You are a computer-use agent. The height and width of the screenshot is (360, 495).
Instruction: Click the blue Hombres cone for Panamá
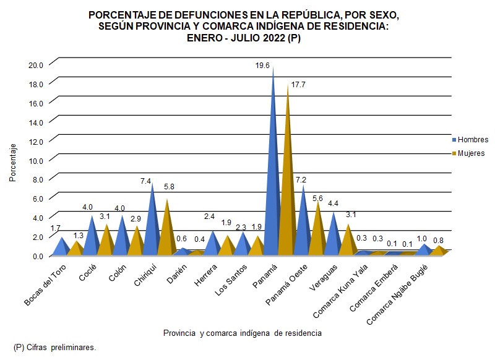273,186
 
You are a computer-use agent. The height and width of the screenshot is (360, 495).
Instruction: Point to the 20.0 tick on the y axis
36,64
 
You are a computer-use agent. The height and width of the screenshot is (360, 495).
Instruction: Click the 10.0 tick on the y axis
36,160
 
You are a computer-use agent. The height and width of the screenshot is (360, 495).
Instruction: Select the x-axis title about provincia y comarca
242,333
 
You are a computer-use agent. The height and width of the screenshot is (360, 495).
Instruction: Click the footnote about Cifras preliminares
54,348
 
